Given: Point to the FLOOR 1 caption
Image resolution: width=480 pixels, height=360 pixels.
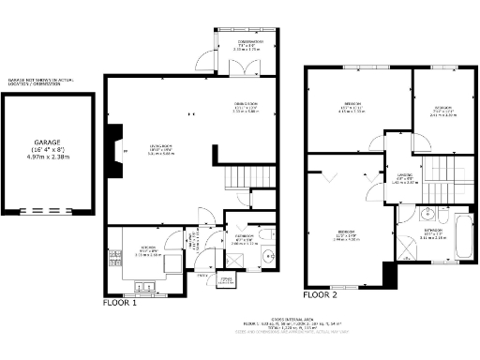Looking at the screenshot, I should click(120, 303).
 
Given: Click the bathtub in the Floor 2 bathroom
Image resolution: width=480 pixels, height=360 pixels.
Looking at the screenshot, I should click(462, 236).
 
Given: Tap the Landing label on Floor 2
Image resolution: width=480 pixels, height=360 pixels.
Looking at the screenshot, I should click(404, 178).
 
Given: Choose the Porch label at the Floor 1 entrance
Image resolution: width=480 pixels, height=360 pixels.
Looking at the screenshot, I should click(225, 279).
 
